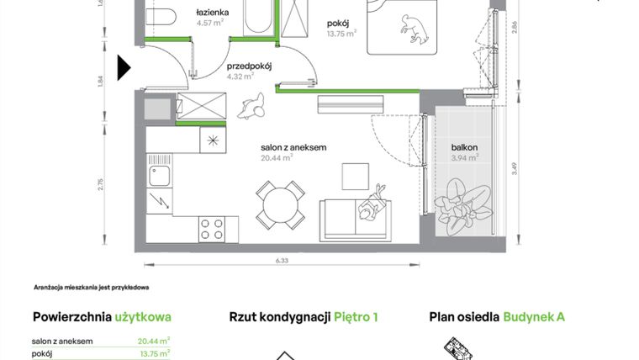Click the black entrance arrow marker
tap(124, 67)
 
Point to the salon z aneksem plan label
tap(293, 147)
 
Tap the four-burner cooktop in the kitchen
tap(212, 228)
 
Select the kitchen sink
tap(159, 177)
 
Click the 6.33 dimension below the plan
tap(281, 262)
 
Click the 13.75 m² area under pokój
tap(342, 34)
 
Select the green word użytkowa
tap(143, 317)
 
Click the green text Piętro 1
tap(356, 317)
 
